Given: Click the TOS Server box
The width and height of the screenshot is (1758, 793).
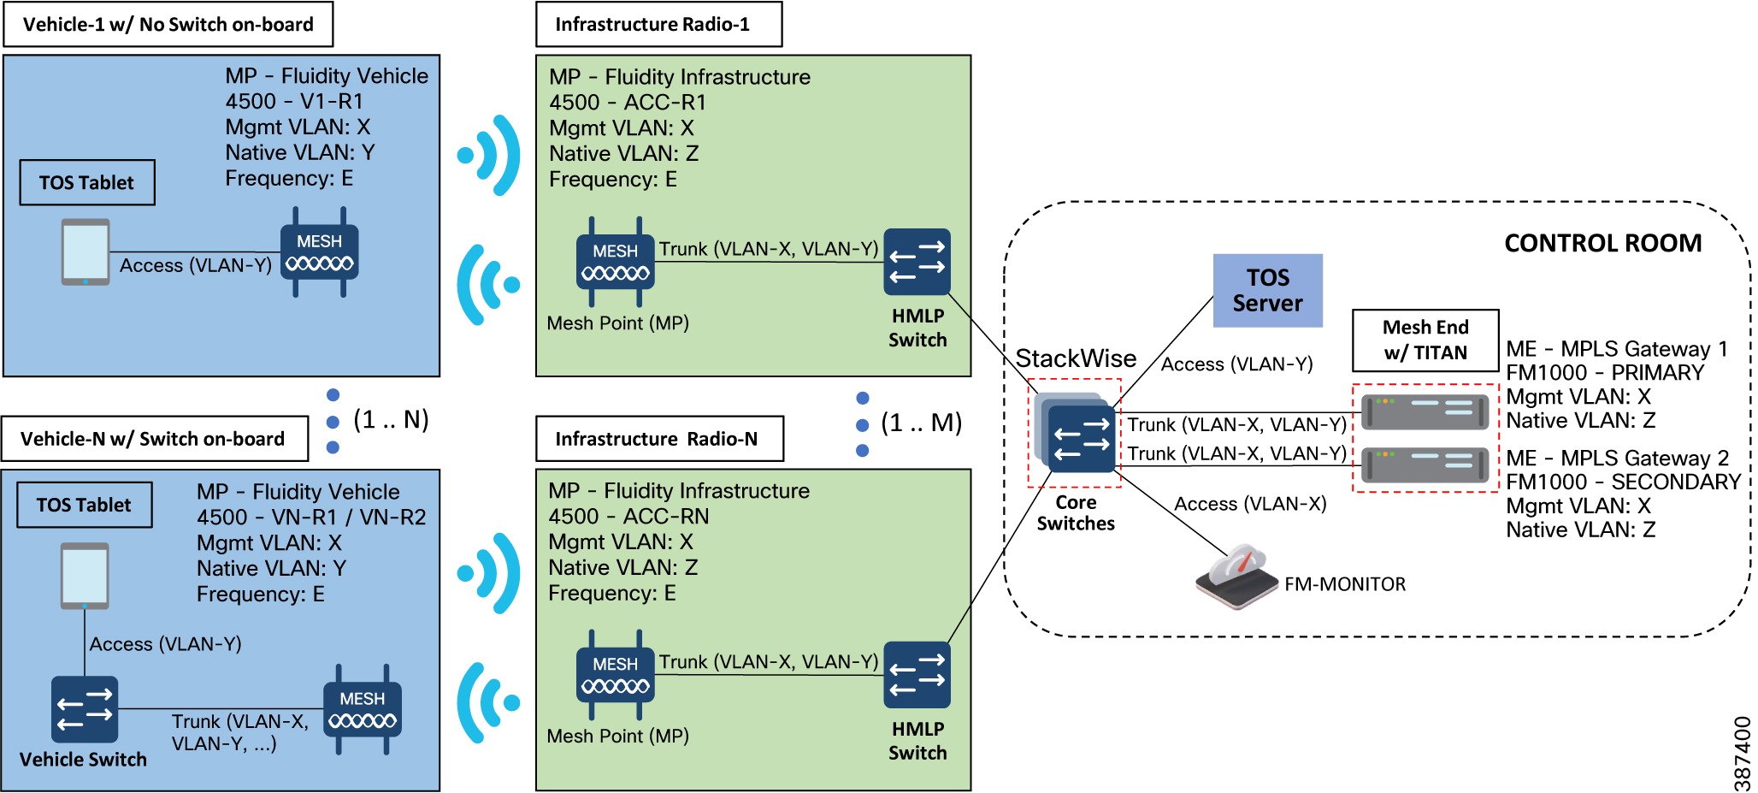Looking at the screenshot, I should tap(1267, 290).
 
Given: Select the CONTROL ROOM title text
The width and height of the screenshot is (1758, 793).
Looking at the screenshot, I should tap(1602, 243).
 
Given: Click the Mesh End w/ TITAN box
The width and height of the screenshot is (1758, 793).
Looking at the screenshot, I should tap(1425, 340).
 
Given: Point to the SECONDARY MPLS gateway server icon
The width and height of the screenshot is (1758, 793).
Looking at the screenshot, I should tap(1425, 465).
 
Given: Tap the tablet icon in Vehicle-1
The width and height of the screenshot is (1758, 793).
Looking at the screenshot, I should tap(86, 252).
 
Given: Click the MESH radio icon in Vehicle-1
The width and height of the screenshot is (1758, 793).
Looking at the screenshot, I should tap(319, 252).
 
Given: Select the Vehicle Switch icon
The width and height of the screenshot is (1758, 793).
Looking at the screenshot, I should tap(84, 709).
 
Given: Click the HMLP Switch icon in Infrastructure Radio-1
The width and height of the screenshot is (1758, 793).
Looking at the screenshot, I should tap(917, 262).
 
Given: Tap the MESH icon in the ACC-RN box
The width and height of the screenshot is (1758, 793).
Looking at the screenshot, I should tap(616, 674).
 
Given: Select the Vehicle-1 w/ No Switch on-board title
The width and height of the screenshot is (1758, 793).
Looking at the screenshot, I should tap(168, 24).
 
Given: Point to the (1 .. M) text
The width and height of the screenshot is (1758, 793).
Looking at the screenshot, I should tap(921, 423).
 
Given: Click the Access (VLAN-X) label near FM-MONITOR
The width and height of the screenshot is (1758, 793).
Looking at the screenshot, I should tap(1249, 504).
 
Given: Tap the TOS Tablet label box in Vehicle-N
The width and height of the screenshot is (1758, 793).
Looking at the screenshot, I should tap(84, 505).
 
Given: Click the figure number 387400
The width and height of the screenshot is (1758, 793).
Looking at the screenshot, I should tap(1742, 753).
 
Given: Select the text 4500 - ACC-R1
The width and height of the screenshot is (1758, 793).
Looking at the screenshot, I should tap(628, 103).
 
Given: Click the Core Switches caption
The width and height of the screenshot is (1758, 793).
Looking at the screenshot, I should tap(1076, 513).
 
